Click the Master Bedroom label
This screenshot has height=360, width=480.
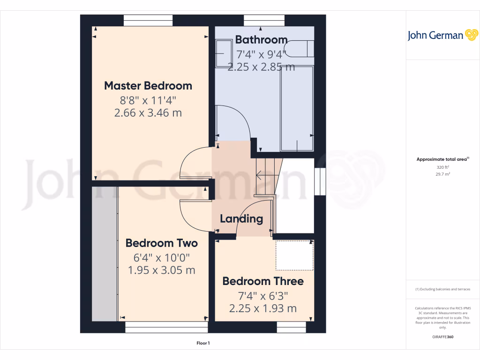[x=148, y=86]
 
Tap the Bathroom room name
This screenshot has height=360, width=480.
[x=261, y=39]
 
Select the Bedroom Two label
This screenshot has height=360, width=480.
[x=162, y=243]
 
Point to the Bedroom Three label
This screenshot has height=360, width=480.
[x=263, y=281]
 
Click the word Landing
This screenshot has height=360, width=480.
[x=241, y=218]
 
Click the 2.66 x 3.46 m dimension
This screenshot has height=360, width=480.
[x=148, y=113]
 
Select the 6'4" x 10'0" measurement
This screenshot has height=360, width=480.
[x=162, y=257]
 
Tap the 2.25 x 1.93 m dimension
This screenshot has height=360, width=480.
[x=263, y=308]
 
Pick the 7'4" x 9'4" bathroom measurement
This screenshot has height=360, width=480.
[x=261, y=54]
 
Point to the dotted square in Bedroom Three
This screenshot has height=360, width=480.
[x=294, y=255]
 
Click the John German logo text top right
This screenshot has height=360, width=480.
[x=435, y=36]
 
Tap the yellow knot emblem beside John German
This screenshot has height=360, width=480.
[x=471, y=35]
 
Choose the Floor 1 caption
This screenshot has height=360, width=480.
[x=203, y=344]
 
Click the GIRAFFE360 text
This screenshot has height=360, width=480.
[x=442, y=337]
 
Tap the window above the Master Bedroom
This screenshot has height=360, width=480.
[x=148, y=21]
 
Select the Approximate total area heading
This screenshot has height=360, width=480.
[x=442, y=159]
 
